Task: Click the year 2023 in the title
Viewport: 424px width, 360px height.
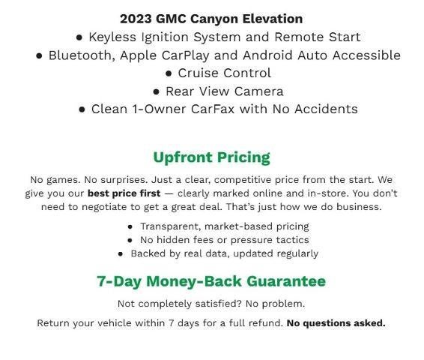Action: (135, 19)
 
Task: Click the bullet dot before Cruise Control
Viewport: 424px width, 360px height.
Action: (169, 73)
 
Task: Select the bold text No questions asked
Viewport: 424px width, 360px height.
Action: (336, 323)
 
